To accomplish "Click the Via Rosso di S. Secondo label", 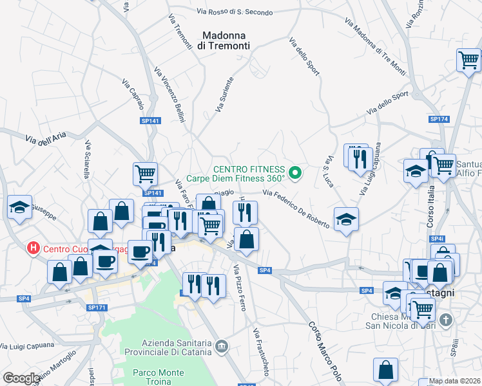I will point(235,12).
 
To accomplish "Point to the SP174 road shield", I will point(439,119).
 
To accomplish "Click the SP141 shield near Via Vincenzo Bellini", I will point(149,120).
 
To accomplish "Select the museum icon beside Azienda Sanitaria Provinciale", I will point(222,347).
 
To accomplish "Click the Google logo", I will point(21,378).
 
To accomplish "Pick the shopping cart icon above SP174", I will point(468,61).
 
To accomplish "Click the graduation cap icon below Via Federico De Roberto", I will point(346,219).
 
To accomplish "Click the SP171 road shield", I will point(96,308).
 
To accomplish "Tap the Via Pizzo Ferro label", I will point(240,288).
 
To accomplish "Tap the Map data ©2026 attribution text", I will point(455,381).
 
